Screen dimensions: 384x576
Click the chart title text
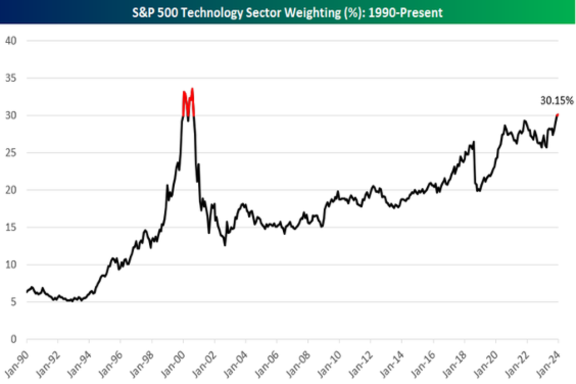click(288, 12)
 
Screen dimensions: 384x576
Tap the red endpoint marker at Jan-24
click(557, 115)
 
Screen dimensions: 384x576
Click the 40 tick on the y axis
click(11, 40)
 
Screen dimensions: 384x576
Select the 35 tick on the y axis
click(11, 78)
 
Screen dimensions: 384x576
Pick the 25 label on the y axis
click(11, 153)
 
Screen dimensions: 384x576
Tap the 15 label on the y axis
click(11, 228)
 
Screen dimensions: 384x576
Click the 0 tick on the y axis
click(13, 339)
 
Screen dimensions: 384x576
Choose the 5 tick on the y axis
click(13, 302)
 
